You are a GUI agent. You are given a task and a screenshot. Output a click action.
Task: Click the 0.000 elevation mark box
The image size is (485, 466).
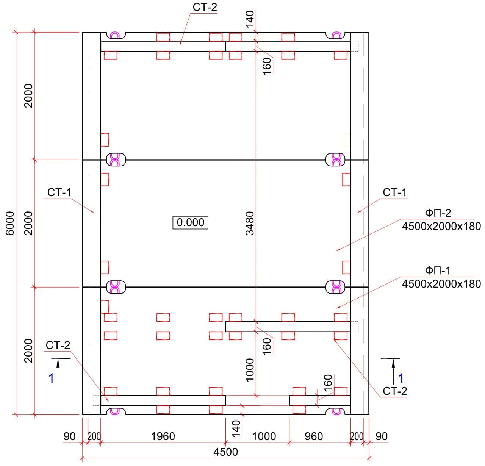[x=190, y=222]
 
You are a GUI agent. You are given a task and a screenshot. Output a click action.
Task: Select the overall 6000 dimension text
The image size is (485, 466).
[x=10, y=223]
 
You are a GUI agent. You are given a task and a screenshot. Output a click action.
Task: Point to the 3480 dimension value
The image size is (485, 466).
[x=249, y=223]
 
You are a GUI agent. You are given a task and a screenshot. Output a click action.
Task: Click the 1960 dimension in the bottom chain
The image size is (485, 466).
[x=163, y=436]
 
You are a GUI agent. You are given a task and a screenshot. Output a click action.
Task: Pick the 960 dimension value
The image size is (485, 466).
[x=313, y=436]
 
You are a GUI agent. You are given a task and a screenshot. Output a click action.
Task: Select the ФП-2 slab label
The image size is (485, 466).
[x=438, y=213]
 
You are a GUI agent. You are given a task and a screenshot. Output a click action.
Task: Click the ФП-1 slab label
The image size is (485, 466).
[x=438, y=271]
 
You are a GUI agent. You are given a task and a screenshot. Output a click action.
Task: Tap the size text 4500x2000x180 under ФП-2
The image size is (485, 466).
[x=441, y=226]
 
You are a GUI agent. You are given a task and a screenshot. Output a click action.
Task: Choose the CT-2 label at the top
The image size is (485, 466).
[x=205, y=7]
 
